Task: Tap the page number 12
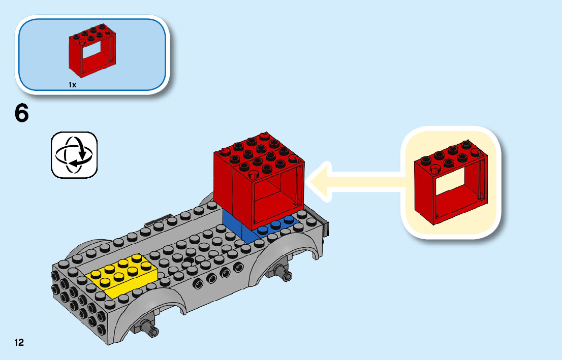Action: [19, 342]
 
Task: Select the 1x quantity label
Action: [72, 85]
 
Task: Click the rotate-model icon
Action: [74, 155]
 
